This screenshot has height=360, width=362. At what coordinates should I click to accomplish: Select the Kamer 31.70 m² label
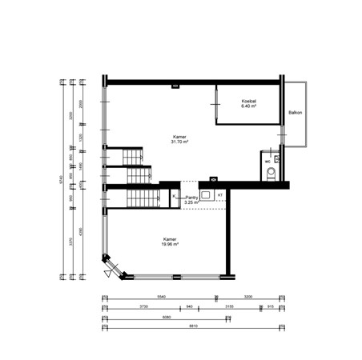click(180, 141)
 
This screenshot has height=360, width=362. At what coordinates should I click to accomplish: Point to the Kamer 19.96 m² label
click(169, 242)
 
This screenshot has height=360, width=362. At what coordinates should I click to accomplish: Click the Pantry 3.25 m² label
click(191, 200)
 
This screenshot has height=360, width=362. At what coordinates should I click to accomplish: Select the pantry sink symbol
click(206, 194)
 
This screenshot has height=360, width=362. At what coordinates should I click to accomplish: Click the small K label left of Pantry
click(174, 195)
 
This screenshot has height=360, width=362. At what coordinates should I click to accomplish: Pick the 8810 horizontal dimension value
click(192, 326)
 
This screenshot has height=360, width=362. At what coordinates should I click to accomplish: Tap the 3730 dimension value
click(143, 306)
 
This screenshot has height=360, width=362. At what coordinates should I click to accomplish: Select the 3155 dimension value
click(227, 306)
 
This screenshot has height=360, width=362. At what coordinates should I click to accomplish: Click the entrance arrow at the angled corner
click(107, 273)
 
